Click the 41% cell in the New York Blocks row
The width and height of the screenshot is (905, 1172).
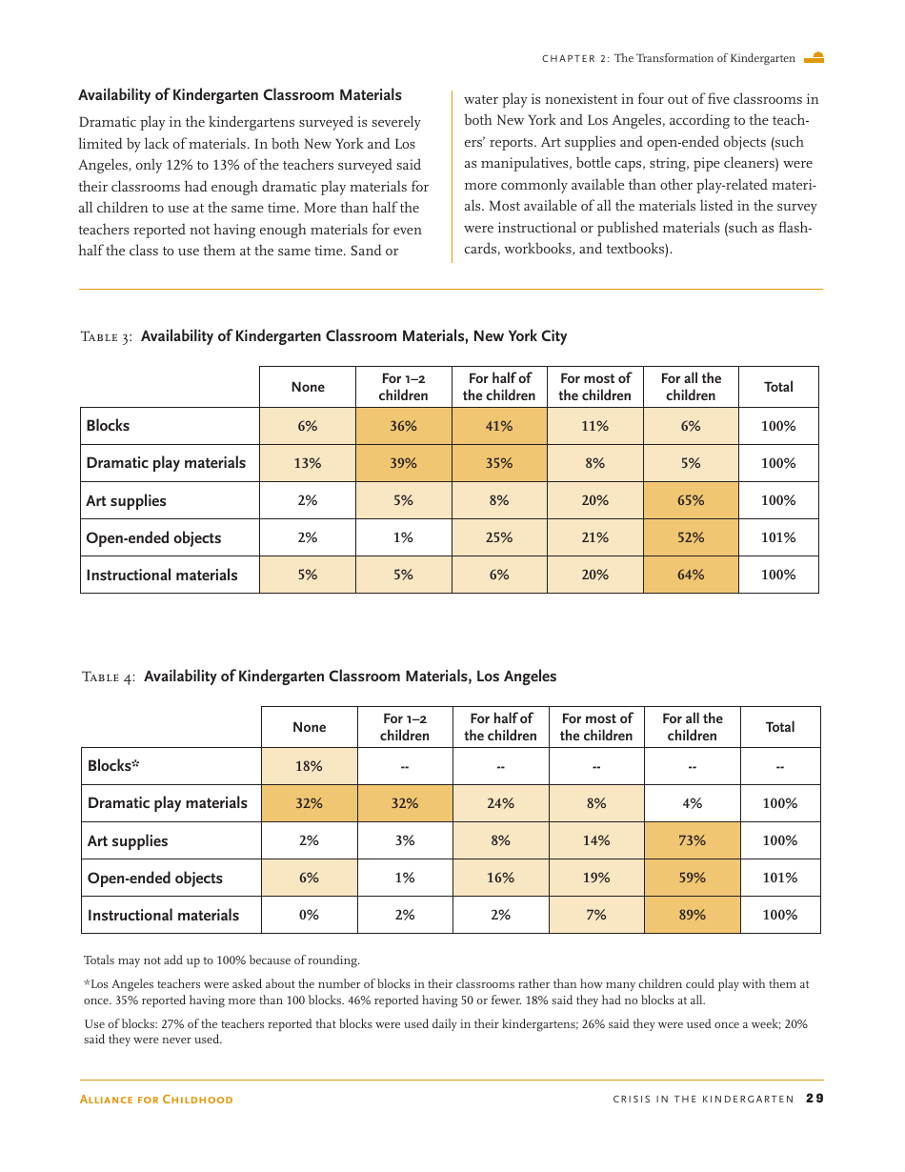[x=499, y=426]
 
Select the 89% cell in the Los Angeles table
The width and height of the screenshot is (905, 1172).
[x=693, y=915]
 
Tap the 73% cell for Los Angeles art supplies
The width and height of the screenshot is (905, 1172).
[x=693, y=840]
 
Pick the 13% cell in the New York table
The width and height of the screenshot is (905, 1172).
[x=308, y=463]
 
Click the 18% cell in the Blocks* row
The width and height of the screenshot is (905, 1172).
[x=310, y=766]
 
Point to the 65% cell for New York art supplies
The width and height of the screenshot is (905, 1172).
[x=691, y=500]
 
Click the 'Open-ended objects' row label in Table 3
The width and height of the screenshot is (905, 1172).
[x=153, y=537]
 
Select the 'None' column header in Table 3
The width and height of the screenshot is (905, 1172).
[x=308, y=387]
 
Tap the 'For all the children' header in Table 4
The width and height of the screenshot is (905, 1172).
[x=693, y=727]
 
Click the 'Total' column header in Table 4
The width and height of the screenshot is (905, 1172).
[x=780, y=727]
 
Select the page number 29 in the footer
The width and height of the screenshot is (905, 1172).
[x=814, y=1099]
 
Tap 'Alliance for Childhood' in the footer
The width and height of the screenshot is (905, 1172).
[x=156, y=1100]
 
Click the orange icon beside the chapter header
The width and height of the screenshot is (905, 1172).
[x=814, y=58]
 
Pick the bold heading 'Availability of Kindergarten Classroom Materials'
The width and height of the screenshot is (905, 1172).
[x=240, y=95]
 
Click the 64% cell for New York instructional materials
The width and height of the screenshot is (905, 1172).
[x=691, y=575]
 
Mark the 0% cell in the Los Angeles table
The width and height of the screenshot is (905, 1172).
[x=310, y=915]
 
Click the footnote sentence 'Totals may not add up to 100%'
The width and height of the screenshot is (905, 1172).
[x=222, y=960]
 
